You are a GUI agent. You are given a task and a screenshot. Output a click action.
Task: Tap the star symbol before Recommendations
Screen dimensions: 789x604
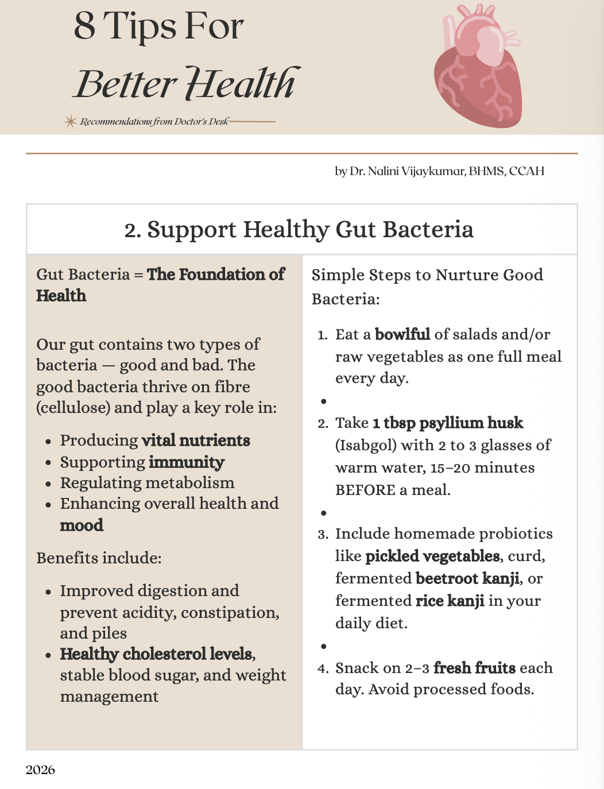(x=70, y=121)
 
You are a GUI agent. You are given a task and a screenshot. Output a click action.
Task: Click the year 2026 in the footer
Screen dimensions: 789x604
(x=40, y=769)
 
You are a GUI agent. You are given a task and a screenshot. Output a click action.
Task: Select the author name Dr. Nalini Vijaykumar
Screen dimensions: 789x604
(x=408, y=171)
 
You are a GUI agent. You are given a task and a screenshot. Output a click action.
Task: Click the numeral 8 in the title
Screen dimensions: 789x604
(x=84, y=26)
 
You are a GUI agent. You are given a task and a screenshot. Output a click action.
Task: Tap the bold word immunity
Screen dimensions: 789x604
(x=187, y=462)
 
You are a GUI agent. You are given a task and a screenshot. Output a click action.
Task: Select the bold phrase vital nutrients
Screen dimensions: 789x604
(x=196, y=440)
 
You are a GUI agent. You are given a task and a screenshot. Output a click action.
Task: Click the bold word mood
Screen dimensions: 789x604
(x=82, y=525)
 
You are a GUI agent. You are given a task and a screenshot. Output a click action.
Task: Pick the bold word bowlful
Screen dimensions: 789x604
(x=402, y=334)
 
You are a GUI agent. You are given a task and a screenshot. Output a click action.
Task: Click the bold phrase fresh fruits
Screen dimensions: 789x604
(x=474, y=668)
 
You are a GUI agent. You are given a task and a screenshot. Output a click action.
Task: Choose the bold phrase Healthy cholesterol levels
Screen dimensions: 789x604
(x=157, y=654)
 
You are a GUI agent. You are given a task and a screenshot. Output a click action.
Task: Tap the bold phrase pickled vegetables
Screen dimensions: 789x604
(x=432, y=556)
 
